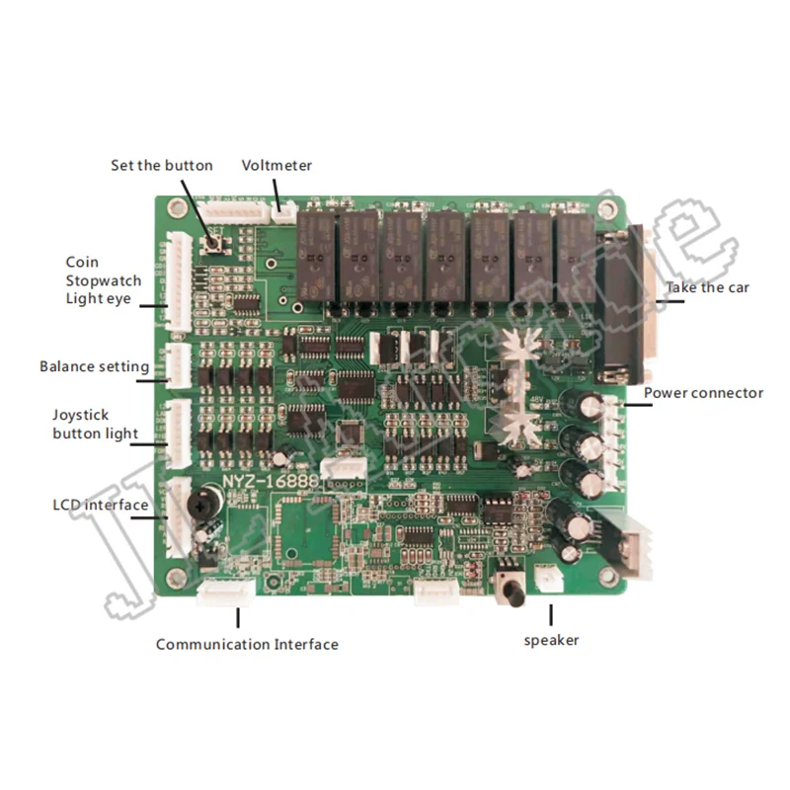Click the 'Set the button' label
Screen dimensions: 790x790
click(x=161, y=165)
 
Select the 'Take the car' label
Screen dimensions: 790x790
click(x=706, y=287)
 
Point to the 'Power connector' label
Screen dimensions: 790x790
click(x=703, y=393)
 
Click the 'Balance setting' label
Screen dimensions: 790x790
click(x=94, y=366)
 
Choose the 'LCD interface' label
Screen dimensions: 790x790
click(x=100, y=505)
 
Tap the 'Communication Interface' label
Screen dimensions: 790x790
click(x=247, y=644)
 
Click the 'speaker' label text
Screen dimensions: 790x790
click(x=551, y=640)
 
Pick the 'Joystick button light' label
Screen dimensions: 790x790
click(x=95, y=425)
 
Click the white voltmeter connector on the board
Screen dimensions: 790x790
click(x=283, y=210)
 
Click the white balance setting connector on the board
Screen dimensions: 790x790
click(x=179, y=364)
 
